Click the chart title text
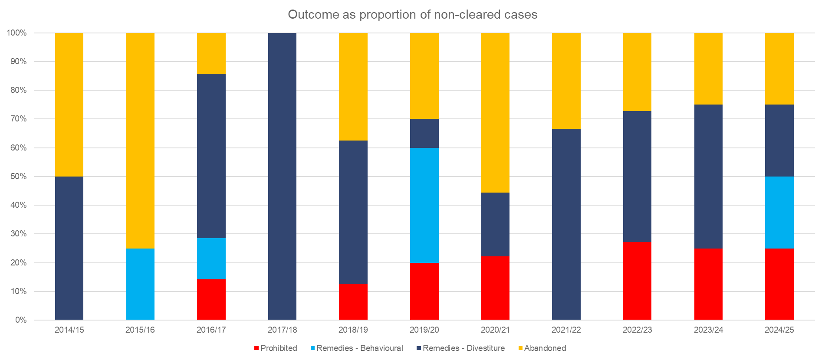[412, 15]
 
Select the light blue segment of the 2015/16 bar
[140, 284]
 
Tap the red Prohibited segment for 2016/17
[211, 299]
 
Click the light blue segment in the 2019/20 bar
[424, 205]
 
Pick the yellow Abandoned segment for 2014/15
[69, 105]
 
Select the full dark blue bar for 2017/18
[282, 176]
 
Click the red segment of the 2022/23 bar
[637, 281]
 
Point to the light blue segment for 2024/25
[779, 213]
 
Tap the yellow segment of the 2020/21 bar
[495, 113]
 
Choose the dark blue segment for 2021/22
[566, 224]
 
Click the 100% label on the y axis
[17, 33]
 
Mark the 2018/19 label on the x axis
[353, 330]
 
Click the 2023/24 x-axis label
[708, 330]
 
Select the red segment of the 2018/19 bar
[353, 302]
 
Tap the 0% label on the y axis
[21, 320]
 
